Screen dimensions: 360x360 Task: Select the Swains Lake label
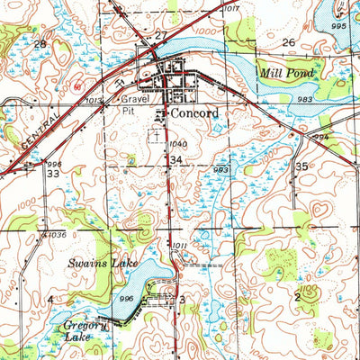click(94, 264)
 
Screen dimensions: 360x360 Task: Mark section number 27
click(161, 34)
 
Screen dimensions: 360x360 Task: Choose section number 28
click(40, 43)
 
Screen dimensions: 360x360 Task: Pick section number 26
click(289, 42)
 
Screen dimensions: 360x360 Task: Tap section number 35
click(302, 166)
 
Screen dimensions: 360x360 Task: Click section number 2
click(296, 295)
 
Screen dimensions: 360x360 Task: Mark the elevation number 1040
click(178, 144)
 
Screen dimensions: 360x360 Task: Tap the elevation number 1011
click(179, 245)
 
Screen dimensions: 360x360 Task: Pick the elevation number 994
click(320, 137)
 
